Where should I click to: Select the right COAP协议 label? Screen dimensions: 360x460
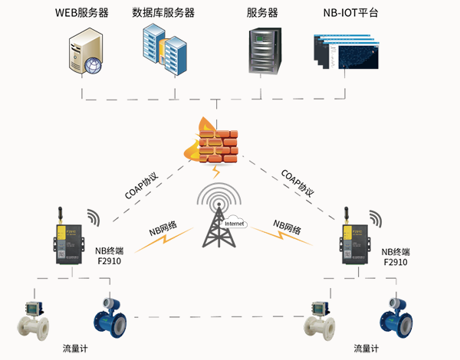click(297, 185)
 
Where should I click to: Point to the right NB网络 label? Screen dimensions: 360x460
click(287, 229)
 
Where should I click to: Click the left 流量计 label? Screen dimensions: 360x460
click(75, 349)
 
